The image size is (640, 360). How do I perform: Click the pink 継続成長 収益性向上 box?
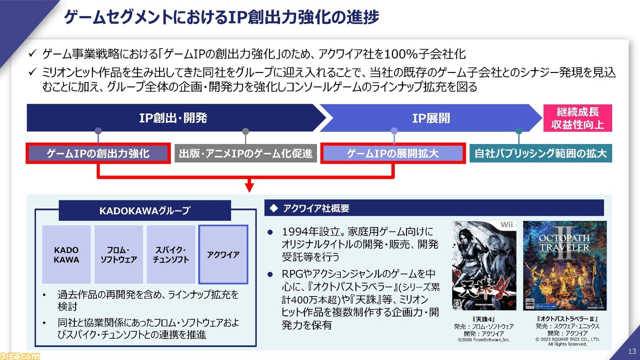tap(577, 118)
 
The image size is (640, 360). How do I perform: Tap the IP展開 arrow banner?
tap(431, 117)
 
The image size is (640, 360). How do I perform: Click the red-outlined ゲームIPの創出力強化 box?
tap(98, 153)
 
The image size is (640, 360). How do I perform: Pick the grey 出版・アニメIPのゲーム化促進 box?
tap(245, 153)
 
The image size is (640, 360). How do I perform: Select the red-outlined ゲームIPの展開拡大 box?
tap(393, 153)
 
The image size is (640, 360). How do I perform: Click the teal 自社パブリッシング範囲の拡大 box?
tap(541, 153)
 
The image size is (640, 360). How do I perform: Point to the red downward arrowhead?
tap(249, 187)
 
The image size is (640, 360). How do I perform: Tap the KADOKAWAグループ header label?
tap(145, 210)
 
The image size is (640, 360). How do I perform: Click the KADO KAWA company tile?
tap(66, 254)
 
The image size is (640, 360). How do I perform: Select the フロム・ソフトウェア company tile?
tap(118, 254)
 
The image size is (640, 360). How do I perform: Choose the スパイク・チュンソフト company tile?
tap(171, 254)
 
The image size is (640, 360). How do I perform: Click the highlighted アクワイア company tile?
tap(223, 254)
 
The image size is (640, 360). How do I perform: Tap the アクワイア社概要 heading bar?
tap(434, 208)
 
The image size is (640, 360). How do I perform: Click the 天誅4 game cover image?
tap(484, 265)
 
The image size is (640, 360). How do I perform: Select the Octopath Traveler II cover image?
tap(565, 265)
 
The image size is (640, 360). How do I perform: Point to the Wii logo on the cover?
tap(507, 224)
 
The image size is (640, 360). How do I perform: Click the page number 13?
tap(631, 351)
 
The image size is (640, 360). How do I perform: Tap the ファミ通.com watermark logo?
tap(19, 356)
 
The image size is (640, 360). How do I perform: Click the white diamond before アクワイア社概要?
tap(273, 208)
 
